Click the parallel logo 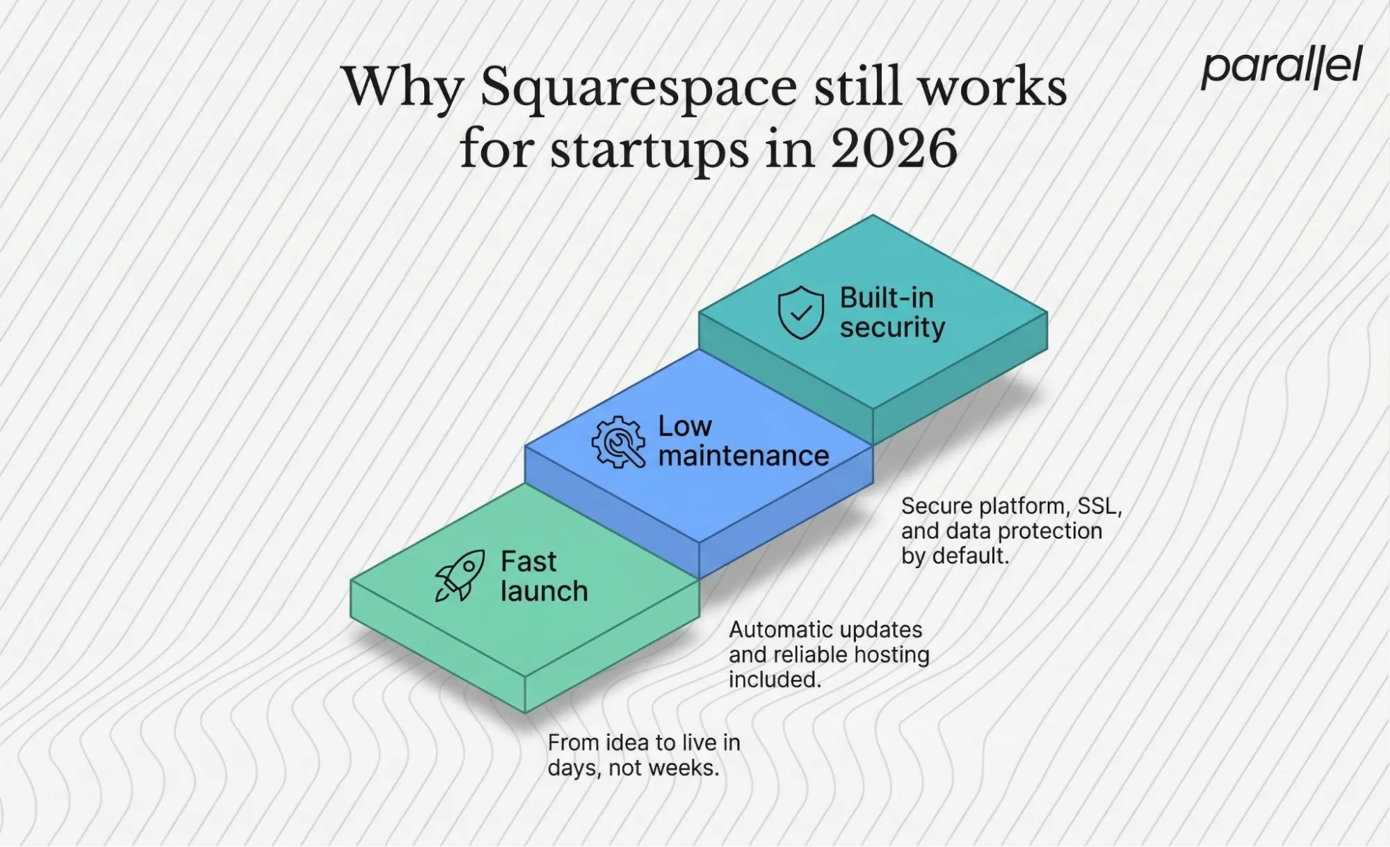(1281, 67)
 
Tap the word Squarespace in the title (638, 88)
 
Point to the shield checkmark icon (800, 312)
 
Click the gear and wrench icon (617, 442)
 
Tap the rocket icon (460, 575)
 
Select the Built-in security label (891, 312)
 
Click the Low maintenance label (743, 441)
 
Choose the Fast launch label (544, 576)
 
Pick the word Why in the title (403, 88)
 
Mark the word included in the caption (774, 680)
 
